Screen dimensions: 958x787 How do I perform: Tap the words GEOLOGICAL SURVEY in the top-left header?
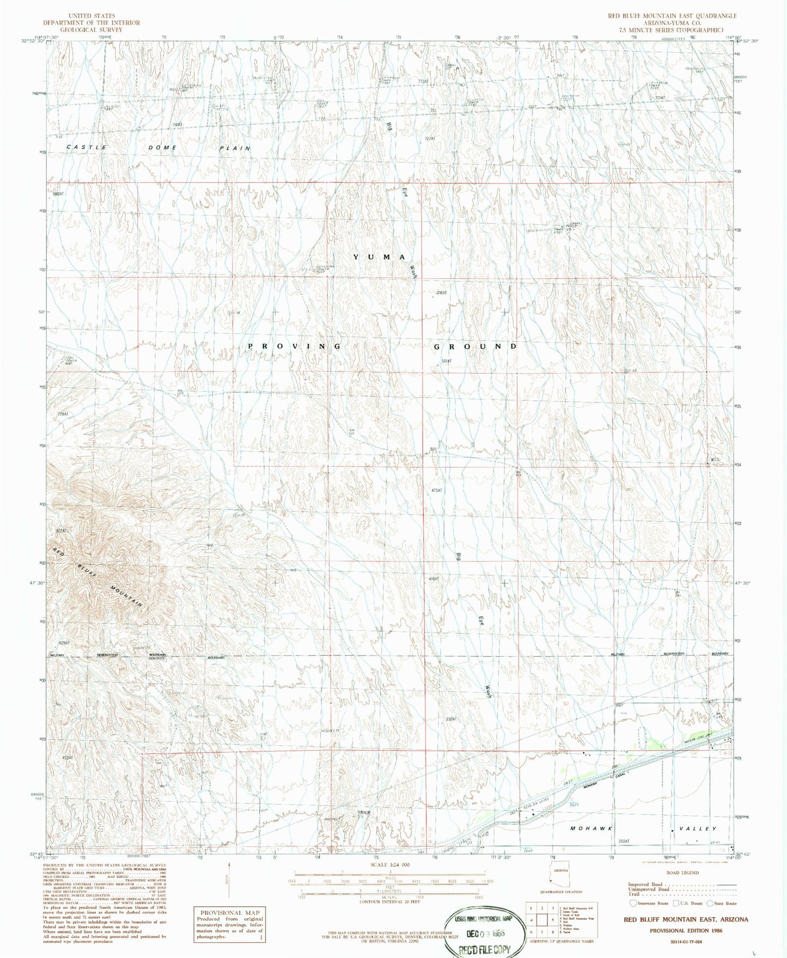tap(91, 30)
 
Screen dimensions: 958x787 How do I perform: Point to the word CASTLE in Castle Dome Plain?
tap(87, 148)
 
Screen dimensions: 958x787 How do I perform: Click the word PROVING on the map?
tap(295, 346)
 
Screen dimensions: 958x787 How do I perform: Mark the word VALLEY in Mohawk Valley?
tap(698, 828)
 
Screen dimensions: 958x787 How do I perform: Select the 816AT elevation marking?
tap(441, 293)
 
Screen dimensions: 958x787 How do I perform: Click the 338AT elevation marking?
tap(450, 719)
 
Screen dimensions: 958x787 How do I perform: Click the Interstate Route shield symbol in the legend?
tap(632, 903)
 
